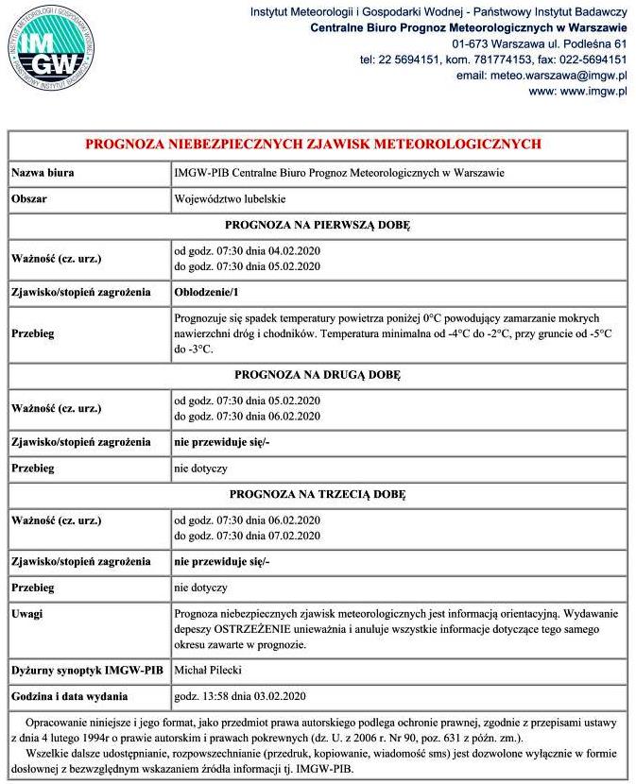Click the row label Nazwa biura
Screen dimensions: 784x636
point(43,173)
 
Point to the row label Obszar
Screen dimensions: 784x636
point(29,199)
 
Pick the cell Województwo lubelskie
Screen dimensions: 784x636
point(230,199)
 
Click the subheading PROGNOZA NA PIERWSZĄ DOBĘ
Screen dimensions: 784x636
point(318,225)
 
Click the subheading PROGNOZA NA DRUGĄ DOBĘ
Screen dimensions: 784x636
point(318,375)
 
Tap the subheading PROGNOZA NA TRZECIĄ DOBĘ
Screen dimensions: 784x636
point(318,494)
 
